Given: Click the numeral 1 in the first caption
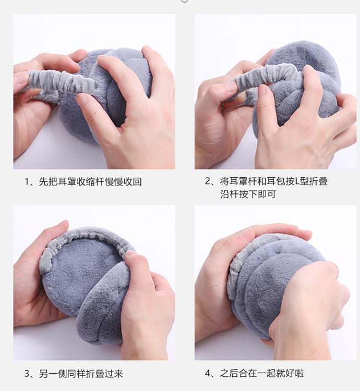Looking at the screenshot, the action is (x=27, y=182).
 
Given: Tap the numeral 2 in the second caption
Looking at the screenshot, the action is (x=208, y=181).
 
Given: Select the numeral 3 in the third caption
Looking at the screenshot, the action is (x=27, y=374).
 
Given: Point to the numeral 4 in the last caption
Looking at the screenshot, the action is (x=208, y=373).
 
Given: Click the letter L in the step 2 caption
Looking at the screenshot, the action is (x=297, y=181).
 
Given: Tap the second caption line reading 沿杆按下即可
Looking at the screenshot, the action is (x=248, y=194).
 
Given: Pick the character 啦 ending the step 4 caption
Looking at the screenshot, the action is (x=299, y=373).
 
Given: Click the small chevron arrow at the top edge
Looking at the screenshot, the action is (x=184, y=2).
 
